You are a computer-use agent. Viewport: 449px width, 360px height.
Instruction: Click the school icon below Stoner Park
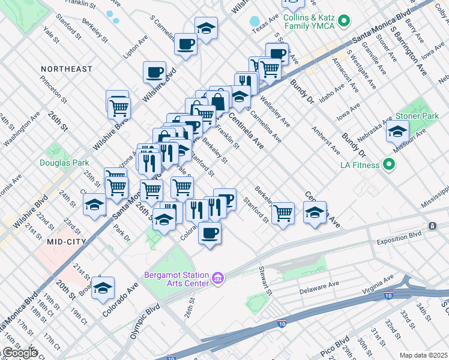[397, 132]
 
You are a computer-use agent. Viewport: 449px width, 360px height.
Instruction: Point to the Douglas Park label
[64, 162]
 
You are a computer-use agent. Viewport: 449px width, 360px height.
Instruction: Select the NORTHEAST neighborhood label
[66, 69]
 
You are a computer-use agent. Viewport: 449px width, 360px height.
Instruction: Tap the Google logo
[19, 353]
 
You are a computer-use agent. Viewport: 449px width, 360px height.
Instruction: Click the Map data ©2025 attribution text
[424, 355]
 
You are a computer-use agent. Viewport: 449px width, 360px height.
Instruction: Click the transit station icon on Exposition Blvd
[432, 226]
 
